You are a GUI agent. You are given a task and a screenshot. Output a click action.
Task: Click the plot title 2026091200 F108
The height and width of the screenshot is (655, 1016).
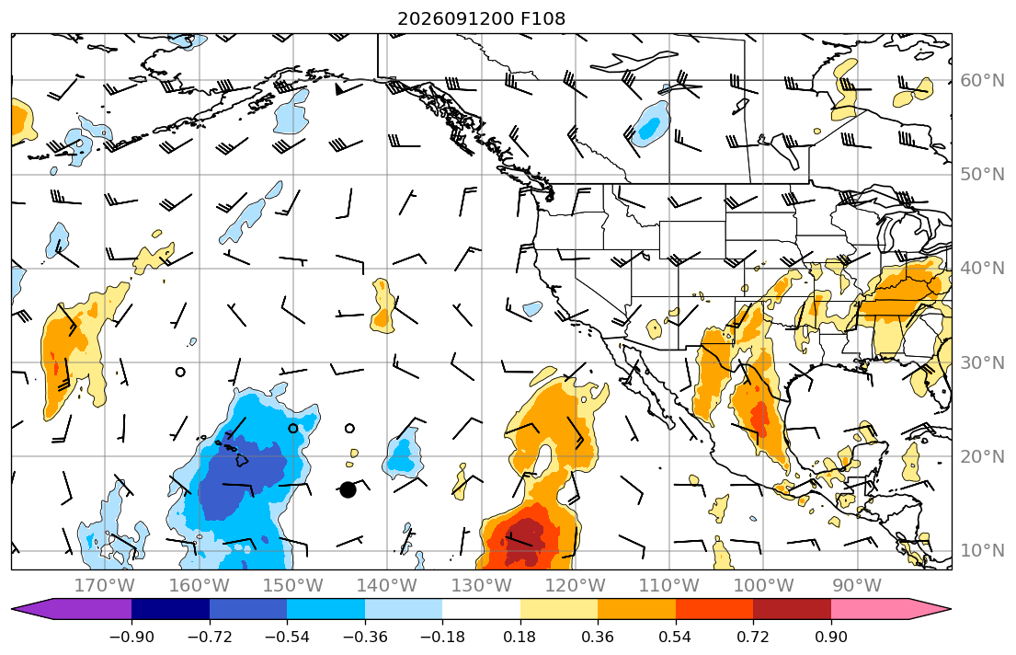pyautogui.click(x=481, y=18)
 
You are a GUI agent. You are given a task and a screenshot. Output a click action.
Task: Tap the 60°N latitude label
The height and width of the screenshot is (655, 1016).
pyautogui.click(x=982, y=80)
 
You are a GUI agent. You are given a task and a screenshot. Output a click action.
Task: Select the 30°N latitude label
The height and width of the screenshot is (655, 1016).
pyautogui.click(x=982, y=362)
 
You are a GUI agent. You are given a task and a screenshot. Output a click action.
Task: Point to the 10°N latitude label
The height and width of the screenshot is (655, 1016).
pyautogui.click(x=982, y=551)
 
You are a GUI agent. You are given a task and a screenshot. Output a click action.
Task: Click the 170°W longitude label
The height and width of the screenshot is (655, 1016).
pyautogui.click(x=105, y=586)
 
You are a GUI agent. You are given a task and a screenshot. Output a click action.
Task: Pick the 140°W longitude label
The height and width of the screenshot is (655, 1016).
pyautogui.click(x=387, y=586)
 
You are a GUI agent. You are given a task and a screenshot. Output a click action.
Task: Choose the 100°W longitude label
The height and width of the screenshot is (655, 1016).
pyautogui.click(x=763, y=586)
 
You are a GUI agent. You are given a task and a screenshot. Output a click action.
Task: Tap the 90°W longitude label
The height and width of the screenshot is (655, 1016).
pyautogui.click(x=857, y=586)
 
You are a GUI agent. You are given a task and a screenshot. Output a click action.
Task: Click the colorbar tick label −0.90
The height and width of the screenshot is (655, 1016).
pyautogui.click(x=131, y=637)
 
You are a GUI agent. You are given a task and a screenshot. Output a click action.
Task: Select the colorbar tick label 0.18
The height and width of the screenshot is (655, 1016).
pyautogui.click(x=519, y=637)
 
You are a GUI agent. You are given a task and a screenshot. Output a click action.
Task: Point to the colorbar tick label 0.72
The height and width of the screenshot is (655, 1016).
pyautogui.click(x=753, y=637)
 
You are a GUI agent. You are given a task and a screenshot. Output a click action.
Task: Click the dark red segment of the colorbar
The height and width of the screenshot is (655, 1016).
pyautogui.click(x=792, y=609)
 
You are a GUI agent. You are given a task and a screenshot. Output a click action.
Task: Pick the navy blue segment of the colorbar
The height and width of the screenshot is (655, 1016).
pyautogui.click(x=170, y=609)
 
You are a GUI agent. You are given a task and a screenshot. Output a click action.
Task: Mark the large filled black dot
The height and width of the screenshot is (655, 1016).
pyautogui.click(x=348, y=489)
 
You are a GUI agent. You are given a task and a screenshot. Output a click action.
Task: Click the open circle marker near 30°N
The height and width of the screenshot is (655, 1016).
pyautogui.click(x=180, y=372)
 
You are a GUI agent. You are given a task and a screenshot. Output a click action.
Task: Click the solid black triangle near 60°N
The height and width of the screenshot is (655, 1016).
pyautogui.click(x=339, y=89)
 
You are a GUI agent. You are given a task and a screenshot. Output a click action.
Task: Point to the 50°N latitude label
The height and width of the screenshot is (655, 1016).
pyautogui.click(x=982, y=175)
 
